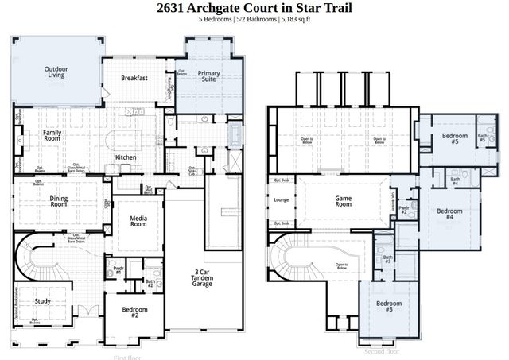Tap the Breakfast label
[134, 78]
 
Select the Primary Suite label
[209, 77]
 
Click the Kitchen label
[126, 157]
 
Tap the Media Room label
[138, 220]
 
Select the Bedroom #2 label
[130, 312]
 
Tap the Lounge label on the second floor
[282, 200]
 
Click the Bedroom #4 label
[449, 214]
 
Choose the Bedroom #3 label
[388, 307]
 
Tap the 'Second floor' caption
[382, 350]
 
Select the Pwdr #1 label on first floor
[119, 271]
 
